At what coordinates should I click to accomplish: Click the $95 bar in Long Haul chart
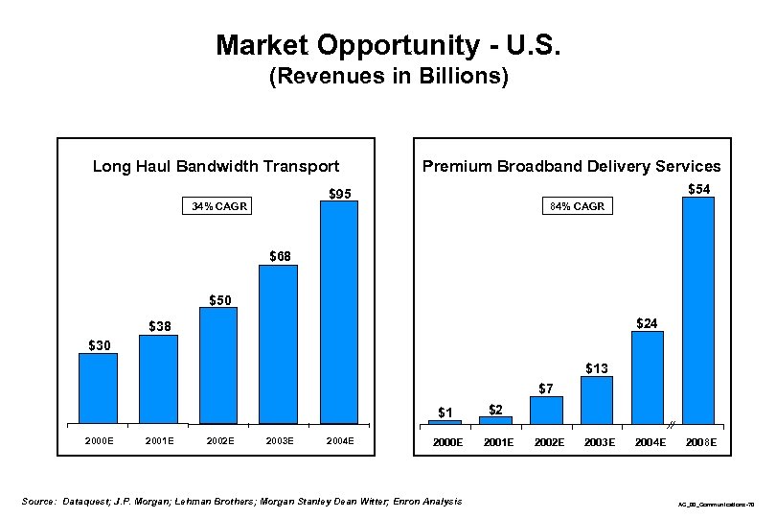tap(338, 312)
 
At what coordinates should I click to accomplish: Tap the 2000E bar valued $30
tap(98, 388)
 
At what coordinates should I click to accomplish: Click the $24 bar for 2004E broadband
tap(648, 376)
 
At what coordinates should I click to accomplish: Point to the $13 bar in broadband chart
tap(597, 399)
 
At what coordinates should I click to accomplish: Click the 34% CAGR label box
tap(218, 206)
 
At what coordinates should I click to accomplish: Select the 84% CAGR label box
tap(577, 206)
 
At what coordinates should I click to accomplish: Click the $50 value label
tap(220, 299)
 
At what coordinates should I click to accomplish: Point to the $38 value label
tap(159, 326)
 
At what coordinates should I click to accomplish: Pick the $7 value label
tap(545, 388)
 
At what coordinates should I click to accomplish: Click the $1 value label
tap(445, 412)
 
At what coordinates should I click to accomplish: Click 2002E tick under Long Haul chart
tap(220, 440)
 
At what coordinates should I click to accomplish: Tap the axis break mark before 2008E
tap(673, 423)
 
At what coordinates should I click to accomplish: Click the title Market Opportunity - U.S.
tap(387, 45)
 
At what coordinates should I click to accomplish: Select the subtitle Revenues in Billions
tap(387, 77)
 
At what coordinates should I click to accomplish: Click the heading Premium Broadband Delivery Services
tap(571, 166)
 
